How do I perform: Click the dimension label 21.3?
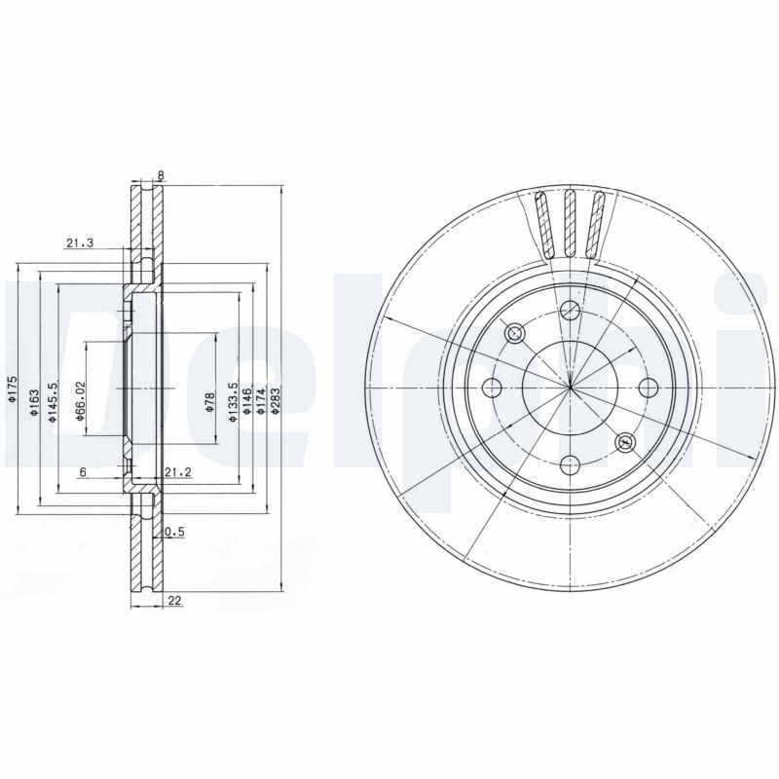click(x=79, y=244)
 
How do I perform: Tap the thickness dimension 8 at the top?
click(x=160, y=176)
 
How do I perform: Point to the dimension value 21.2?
click(x=177, y=472)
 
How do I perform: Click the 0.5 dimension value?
click(x=175, y=532)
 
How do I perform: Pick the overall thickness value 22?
click(x=175, y=601)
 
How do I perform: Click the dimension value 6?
click(x=84, y=472)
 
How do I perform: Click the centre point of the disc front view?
click(x=570, y=388)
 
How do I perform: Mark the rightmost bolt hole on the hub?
click(x=647, y=388)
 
